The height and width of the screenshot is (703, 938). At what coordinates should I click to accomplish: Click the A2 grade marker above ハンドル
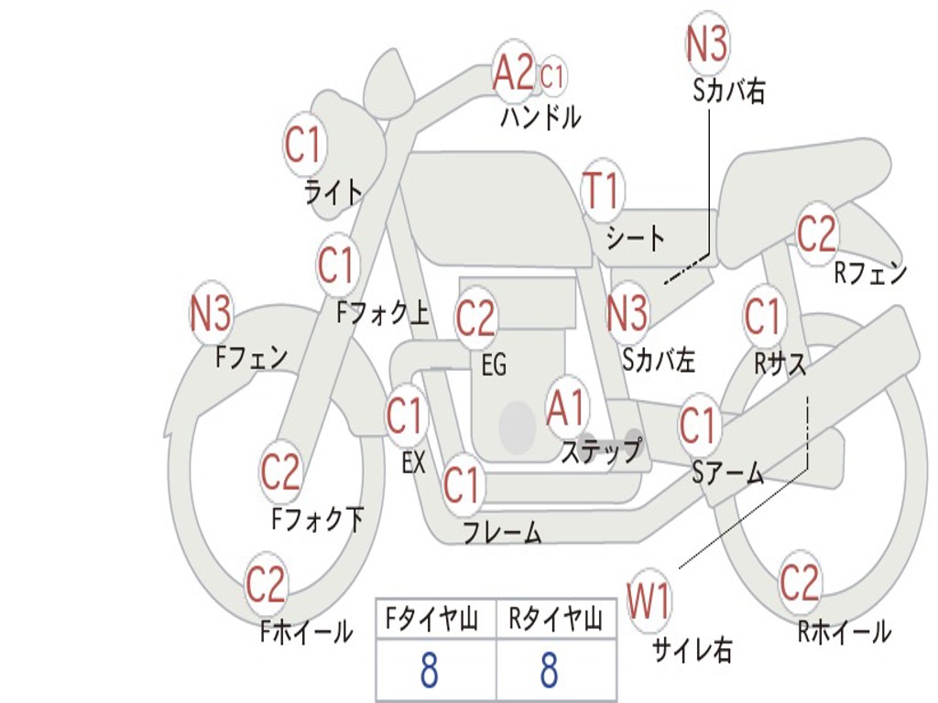pos(513,72)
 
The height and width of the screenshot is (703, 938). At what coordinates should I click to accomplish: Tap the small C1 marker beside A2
pos(552,76)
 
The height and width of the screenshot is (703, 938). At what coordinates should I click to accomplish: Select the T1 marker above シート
pos(602,192)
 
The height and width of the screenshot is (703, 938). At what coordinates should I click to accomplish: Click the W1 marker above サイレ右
pos(649,603)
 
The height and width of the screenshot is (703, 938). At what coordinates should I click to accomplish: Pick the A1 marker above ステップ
pos(566,408)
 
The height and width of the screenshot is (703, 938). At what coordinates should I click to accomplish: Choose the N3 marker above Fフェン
pos(210,313)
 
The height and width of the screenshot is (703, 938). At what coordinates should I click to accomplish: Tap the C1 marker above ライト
pos(305,145)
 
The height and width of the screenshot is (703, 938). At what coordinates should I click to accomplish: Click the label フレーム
pos(502,533)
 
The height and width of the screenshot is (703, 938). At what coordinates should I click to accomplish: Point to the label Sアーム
pos(727,473)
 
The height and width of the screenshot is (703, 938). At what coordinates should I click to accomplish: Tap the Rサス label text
pos(780,363)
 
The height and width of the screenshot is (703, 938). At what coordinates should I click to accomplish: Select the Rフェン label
pos(869,273)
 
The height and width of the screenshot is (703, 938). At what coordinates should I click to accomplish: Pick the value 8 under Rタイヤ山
pos(549,671)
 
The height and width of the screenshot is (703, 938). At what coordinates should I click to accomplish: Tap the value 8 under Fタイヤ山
pos(429,671)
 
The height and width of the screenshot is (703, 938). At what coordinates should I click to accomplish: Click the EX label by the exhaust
pos(414,463)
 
